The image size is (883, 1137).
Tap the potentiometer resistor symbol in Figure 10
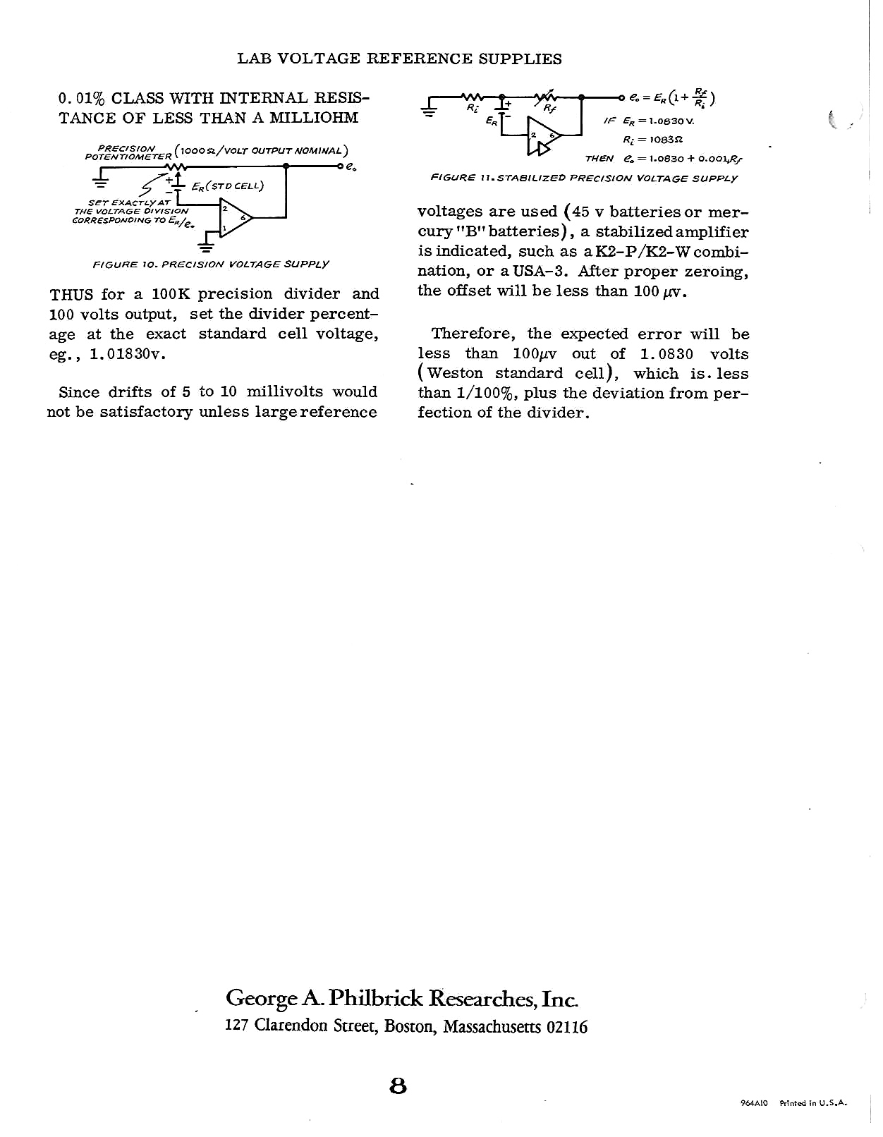(x=174, y=167)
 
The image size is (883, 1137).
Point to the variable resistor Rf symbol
(x=549, y=97)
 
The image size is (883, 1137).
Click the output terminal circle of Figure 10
(x=340, y=167)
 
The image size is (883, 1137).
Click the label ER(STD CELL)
(x=227, y=187)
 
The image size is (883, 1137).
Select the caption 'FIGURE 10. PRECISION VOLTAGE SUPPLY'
(x=211, y=265)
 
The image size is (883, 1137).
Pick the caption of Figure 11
(x=583, y=178)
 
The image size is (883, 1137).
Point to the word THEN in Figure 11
(x=599, y=159)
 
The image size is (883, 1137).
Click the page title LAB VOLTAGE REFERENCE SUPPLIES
(x=399, y=59)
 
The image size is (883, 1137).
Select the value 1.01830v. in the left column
(x=128, y=354)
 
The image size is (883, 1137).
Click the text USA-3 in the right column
(x=541, y=272)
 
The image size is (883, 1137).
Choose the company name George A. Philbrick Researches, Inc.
(x=402, y=999)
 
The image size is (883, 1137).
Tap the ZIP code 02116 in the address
(x=567, y=1026)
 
